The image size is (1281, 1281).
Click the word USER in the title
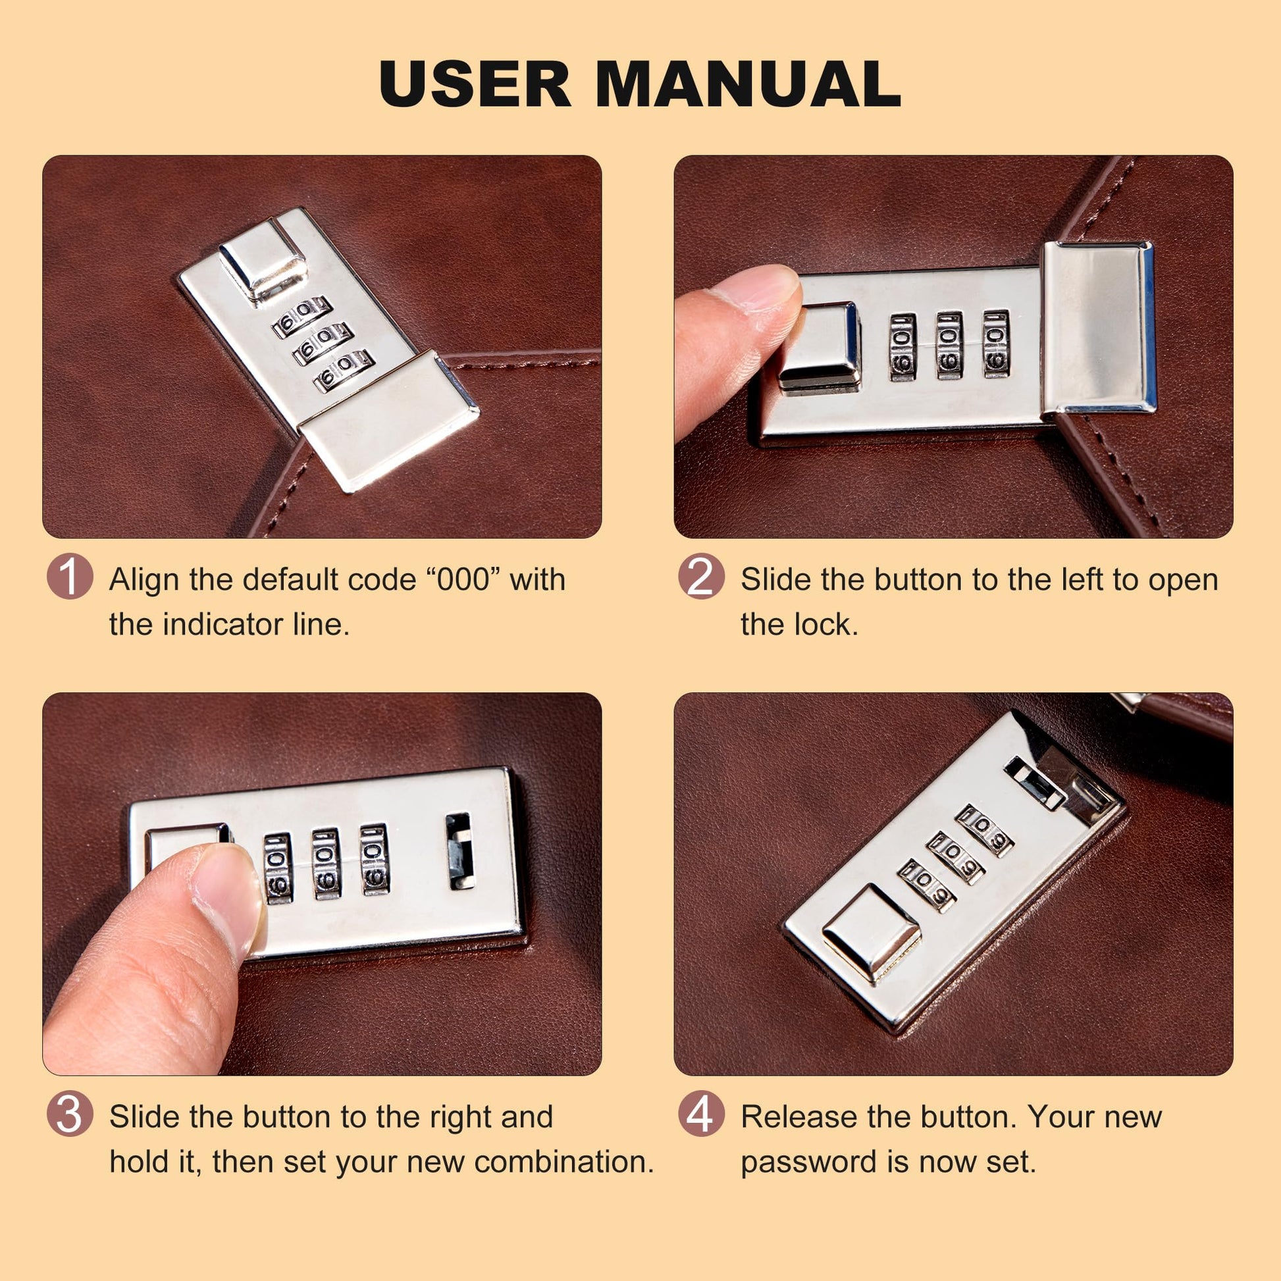pos(475,84)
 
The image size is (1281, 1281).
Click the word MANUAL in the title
pos(748,84)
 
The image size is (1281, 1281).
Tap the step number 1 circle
pos(70,577)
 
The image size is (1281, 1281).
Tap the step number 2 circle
pos(701,577)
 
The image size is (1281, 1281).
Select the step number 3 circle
pos(70,1114)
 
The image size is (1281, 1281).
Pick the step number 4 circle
pos(701,1114)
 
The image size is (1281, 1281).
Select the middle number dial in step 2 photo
pos(949,346)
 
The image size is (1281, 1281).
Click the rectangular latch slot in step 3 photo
pos(459,851)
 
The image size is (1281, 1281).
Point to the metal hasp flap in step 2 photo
pos(1099,327)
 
